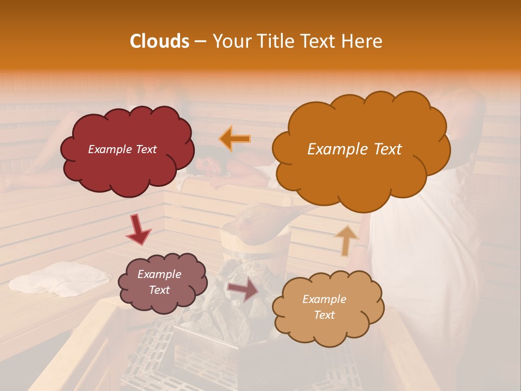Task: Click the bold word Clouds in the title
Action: tap(160, 41)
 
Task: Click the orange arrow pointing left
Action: tap(234, 139)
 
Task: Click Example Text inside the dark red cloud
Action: tap(122, 149)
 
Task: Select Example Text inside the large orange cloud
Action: tap(354, 149)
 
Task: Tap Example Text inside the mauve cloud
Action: tap(159, 282)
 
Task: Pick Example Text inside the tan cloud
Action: tap(324, 307)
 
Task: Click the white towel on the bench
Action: tap(60, 278)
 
